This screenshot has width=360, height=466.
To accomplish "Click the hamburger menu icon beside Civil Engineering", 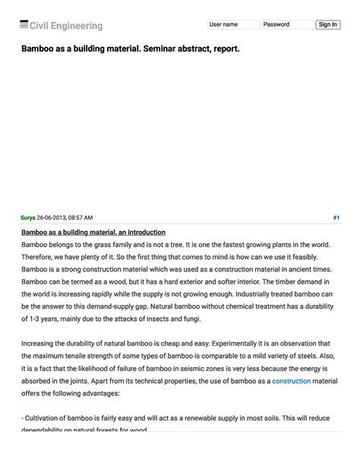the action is click(x=24, y=25).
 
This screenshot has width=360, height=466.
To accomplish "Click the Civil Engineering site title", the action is click(x=66, y=26).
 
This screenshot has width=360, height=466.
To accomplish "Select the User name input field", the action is click(x=232, y=24).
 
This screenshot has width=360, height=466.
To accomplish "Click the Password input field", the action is click(x=286, y=24).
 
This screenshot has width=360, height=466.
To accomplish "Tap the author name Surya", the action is click(x=28, y=218).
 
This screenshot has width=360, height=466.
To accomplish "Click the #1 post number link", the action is click(x=336, y=218).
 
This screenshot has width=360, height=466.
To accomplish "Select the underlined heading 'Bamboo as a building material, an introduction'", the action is click(x=93, y=232).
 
